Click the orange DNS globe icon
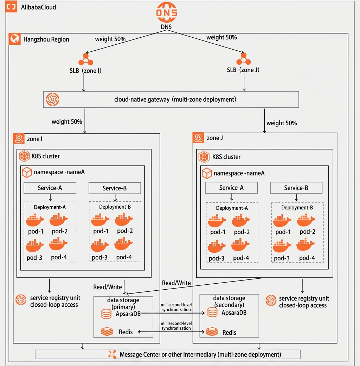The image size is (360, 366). point(167,12)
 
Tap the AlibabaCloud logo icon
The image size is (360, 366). point(11,7)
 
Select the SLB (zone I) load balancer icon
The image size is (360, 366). point(86,59)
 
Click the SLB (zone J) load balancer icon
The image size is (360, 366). point(244,58)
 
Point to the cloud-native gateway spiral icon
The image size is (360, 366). point(52,99)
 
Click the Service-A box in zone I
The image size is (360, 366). point(50,188)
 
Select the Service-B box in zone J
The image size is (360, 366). point(296,188)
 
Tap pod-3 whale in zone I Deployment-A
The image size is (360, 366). point(35,245)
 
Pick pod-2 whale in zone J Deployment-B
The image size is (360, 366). point(306,220)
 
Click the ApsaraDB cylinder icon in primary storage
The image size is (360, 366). point(106,314)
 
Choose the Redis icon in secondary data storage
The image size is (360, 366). point(212,332)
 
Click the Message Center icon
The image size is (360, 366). point(112,354)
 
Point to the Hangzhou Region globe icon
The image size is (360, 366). point(14,38)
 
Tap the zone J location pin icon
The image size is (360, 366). point(198,138)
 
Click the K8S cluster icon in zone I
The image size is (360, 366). point(24,156)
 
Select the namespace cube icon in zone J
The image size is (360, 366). point(207,173)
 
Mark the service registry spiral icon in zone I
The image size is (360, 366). point(21,300)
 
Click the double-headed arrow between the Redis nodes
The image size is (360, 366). point(171,332)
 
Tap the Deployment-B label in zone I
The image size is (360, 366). point(115,207)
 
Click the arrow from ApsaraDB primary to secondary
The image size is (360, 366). point(173,313)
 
